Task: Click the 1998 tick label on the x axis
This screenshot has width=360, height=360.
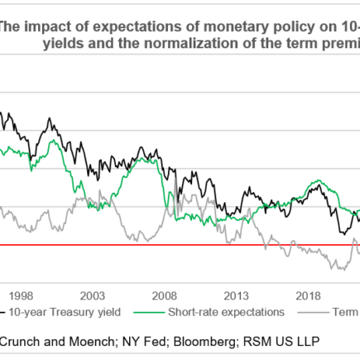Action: (21, 295)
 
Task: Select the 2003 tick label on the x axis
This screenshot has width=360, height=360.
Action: (93, 295)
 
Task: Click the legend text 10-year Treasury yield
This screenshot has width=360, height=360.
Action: (65, 312)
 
